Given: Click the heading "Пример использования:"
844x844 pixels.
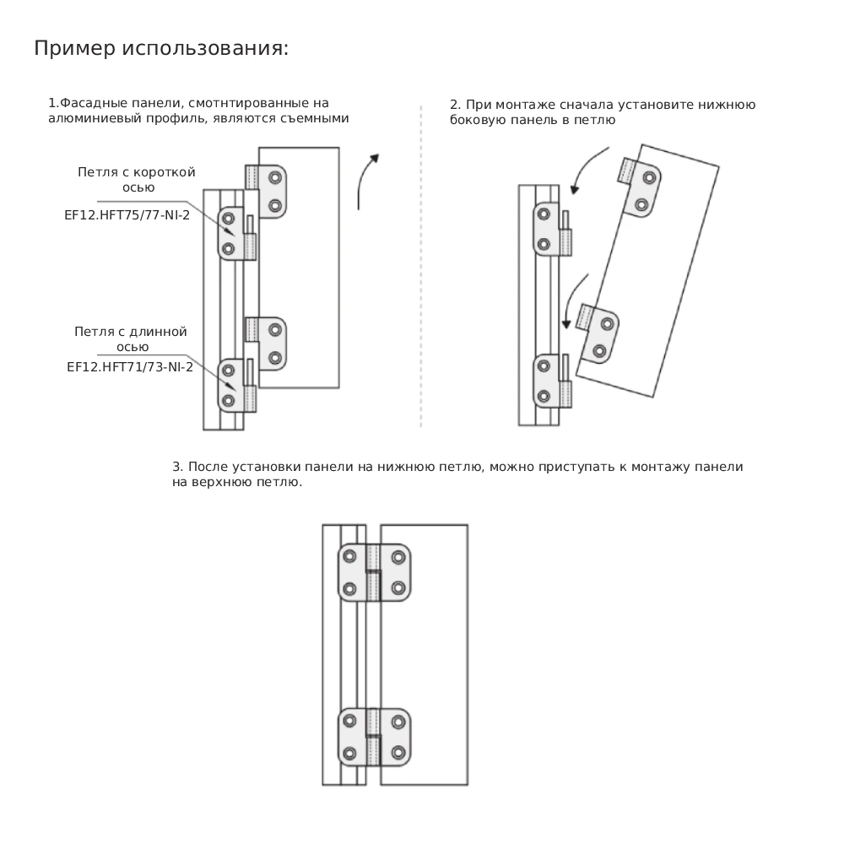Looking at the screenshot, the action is [161, 48].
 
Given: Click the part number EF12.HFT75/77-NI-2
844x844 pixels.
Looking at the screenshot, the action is [127, 215].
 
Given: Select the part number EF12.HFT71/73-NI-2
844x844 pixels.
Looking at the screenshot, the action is [130, 367].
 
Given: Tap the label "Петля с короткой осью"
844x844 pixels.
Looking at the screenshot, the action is [137, 180].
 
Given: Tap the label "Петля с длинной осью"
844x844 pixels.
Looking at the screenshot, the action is [131, 339].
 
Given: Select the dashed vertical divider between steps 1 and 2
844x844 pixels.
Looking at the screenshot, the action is [421, 267].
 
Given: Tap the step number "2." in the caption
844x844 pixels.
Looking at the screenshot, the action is [456, 105].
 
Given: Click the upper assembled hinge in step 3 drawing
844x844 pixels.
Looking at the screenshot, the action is [375, 572].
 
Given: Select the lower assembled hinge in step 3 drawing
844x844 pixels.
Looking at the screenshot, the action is [375, 738].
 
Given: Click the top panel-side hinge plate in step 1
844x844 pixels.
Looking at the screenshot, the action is [267, 192].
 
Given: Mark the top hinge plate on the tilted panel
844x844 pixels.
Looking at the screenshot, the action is [639, 188].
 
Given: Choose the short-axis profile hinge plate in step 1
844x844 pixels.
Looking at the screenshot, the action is [237, 234].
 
